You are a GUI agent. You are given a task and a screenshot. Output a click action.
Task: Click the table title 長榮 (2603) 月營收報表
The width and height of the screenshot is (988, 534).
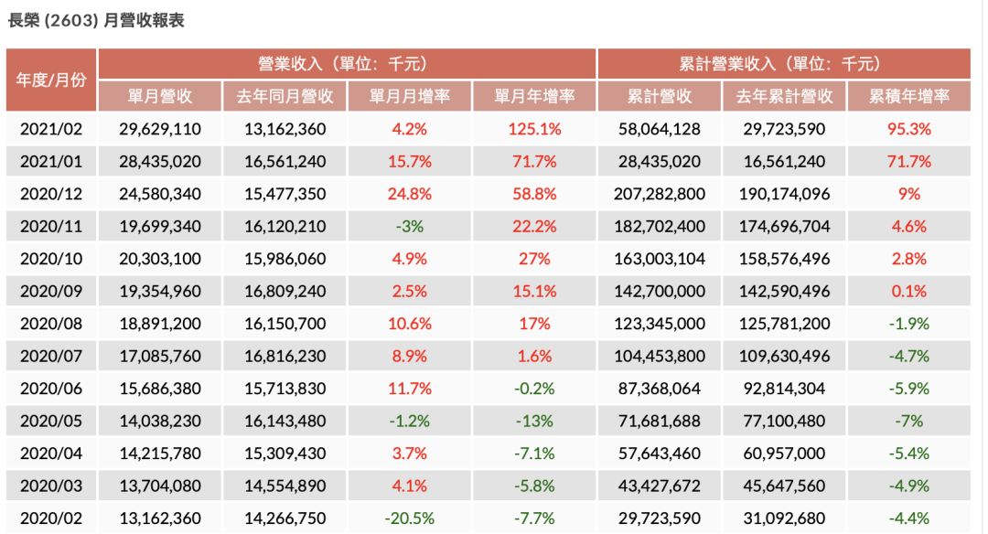[96, 20]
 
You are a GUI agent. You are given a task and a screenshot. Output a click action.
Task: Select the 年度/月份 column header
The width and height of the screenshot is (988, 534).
[51, 80]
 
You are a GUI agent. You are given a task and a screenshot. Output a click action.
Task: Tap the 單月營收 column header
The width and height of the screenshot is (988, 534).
[160, 96]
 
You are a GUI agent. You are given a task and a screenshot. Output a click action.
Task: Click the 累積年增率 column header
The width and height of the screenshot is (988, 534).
[908, 96]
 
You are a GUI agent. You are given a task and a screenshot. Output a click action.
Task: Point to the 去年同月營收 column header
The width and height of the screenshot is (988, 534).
[285, 96]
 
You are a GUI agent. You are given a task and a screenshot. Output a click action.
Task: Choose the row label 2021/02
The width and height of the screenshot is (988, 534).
[51, 129]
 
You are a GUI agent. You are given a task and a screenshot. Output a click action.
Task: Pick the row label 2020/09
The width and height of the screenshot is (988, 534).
[51, 291]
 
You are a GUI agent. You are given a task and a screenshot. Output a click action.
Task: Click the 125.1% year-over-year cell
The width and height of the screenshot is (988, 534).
[534, 129]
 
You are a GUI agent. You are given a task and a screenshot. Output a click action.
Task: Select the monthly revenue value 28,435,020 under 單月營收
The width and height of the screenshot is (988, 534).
[160, 162]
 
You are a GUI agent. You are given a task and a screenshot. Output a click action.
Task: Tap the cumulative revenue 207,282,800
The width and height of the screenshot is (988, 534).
[660, 194]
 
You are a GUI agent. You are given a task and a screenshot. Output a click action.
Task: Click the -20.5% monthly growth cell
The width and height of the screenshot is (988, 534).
[409, 518]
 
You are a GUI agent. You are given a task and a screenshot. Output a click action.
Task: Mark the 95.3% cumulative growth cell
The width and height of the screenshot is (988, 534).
[908, 129]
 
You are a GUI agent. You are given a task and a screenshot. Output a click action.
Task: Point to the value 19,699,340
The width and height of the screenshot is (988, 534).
[160, 226]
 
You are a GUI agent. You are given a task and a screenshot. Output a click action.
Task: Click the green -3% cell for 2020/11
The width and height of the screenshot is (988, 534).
[409, 226]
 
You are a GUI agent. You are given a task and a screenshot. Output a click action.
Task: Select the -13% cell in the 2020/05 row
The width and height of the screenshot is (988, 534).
[534, 421]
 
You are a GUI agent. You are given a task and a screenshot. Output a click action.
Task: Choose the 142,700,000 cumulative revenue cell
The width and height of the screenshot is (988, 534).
[660, 291]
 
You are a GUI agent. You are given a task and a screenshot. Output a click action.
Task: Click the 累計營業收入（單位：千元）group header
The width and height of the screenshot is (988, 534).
[783, 64]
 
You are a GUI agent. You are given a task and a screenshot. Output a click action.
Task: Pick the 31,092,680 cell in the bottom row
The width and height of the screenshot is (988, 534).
[784, 518]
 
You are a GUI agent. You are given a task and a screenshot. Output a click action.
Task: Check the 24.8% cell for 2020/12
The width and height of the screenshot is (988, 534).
[409, 194]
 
